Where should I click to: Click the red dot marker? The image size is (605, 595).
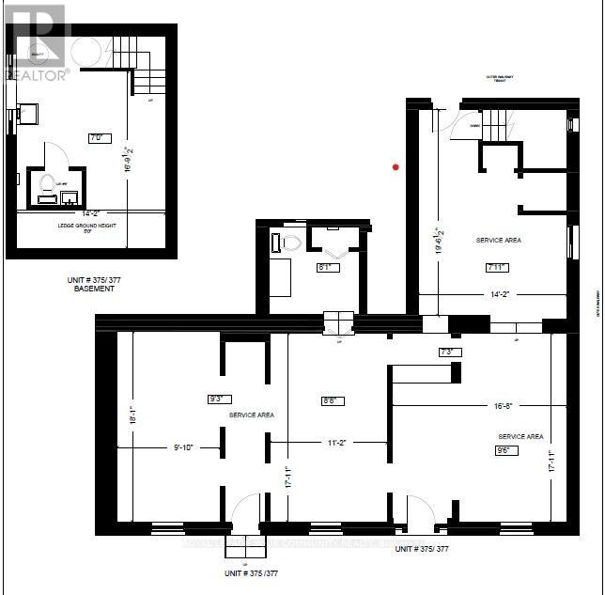click(x=396, y=167)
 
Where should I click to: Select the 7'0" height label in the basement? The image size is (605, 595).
click(x=95, y=137)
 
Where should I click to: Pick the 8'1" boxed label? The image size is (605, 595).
click(x=327, y=267)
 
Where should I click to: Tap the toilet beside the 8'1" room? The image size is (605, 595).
click(x=290, y=243)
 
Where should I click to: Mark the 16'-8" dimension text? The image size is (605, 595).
click(x=504, y=406)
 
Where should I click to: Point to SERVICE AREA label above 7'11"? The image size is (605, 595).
click(x=498, y=241)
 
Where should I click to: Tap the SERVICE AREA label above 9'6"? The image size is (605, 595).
click(x=520, y=436)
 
